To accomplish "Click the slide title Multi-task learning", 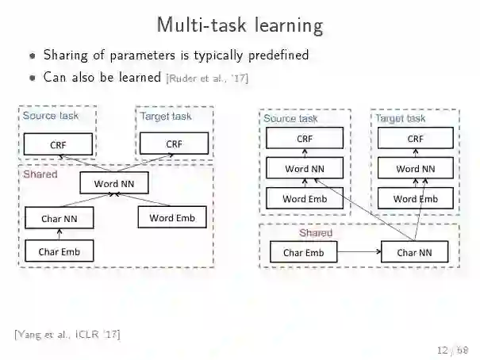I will pyautogui.click(x=240, y=25).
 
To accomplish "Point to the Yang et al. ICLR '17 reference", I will pyautogui.click(x=67, y=334).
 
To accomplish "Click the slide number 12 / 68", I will pyautogui.click(x=453, y=350).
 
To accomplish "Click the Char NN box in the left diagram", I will pyautogui.click(x=58, y=217).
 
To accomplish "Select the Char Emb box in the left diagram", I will pyautogui.click(x=59, y=252).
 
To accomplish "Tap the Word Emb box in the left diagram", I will pyautogui.click(x=172, y=217).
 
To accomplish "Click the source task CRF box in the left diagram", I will pyautogui.click(x=58, y=144).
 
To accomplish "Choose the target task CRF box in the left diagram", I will pyautogui.click(x=174, y=144).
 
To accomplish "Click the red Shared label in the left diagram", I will pyautogui.click(x=40, y=173).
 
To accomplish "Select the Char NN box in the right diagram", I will pyautogui.click(x=414, y=253).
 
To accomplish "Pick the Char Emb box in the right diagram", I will pyautogui.click(x=304, y=253).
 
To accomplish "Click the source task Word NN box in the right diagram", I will pyautogui.click(x=305, y=168).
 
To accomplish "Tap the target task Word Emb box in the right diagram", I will pyautogui.click(x=415, y=198).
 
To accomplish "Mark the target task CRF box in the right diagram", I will pyautogui.click(x=415, y=139).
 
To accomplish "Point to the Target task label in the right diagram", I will pyautogui.click(x=400, y=118).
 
